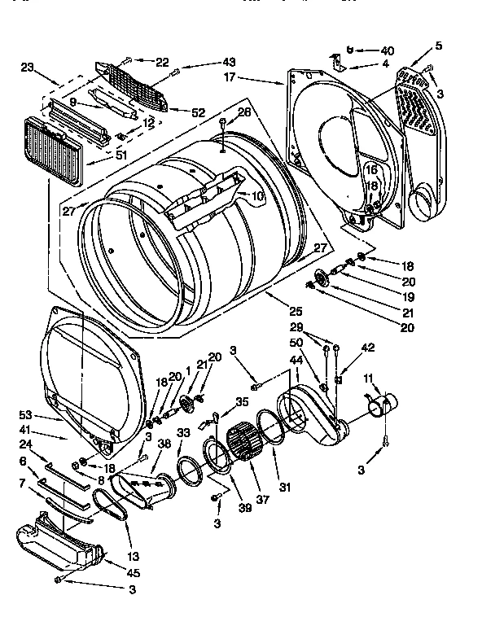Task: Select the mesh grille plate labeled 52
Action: pyautogui.click(x=134, y=86)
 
